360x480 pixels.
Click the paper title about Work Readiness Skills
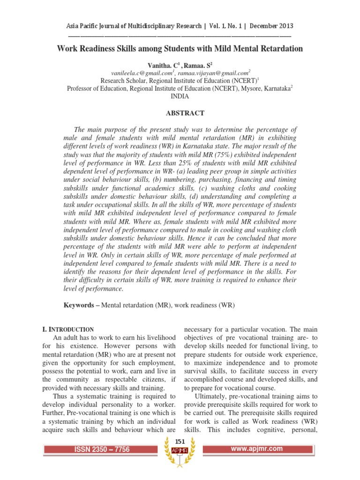coord(180,49)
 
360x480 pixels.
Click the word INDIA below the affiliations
coord(180,97)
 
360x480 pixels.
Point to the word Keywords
coord(79,305)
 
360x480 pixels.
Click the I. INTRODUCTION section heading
coord(68,330)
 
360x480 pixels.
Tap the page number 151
coord(180,442)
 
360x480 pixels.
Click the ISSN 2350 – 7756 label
coord(102,450)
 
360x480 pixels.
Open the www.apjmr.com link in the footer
coord(257,449)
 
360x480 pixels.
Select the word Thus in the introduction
coord(61,397)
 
